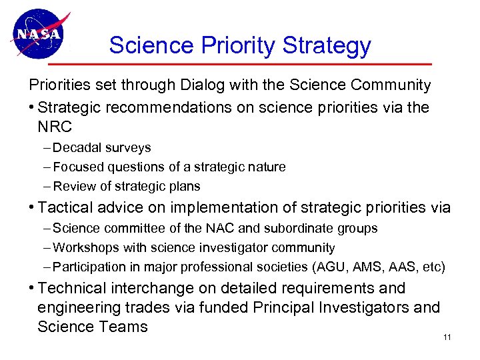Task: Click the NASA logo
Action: coord(38,33)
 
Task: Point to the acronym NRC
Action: coord(54,127)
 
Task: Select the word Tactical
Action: coord(67,207)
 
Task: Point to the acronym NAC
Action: coord(205,228)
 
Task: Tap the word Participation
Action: coord(87,267)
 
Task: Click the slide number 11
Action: coord(447,337)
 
